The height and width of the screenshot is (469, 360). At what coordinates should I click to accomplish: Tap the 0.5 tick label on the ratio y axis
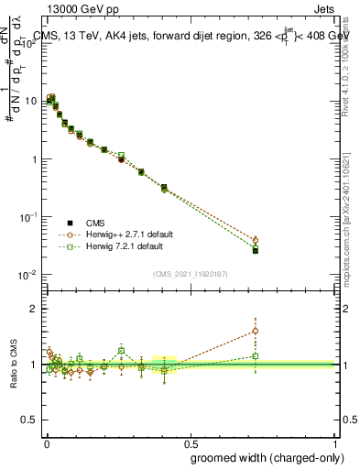click(x=31, y=419)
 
